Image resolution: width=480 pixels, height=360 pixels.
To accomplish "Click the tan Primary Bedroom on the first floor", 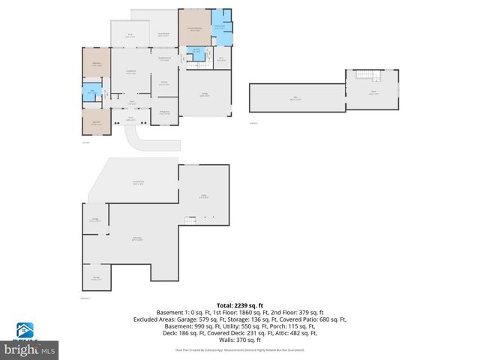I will [194, 28].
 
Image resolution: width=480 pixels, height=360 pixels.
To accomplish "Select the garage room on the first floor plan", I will [205, 94].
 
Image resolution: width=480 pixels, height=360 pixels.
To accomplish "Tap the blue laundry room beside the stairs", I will [195, 52].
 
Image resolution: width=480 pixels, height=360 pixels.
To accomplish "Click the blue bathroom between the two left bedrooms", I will [91, 94].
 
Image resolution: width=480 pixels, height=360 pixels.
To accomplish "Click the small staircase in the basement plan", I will [190, 218].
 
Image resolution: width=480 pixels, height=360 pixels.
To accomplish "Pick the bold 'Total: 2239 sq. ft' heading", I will [239, 304].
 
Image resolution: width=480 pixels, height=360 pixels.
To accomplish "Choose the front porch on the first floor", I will [130, 118].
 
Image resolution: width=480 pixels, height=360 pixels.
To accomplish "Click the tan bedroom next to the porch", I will [96, 121].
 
